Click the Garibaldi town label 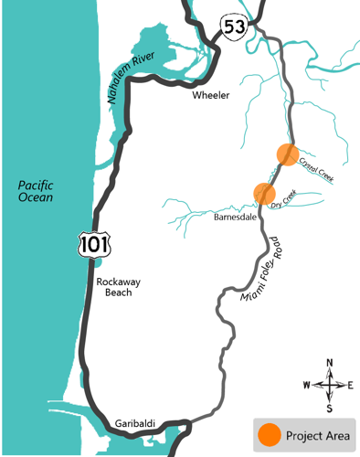[x=135, y=422]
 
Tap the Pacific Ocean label [x=37, y=190]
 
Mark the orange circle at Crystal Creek [x=288, y=154]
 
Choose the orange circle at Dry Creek [x=264, y=193]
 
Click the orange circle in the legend [x=269, y=434]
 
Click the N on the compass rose [x=330, y=363]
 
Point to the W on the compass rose [x=307, y=385]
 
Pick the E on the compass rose [x=351, y=385]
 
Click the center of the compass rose [x=330, y=384]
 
